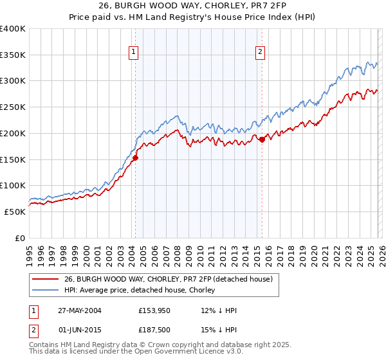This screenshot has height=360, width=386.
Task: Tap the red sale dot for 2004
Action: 136,157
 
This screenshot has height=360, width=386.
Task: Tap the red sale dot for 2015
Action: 262,139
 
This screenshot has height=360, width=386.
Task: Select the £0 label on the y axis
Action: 19,238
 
